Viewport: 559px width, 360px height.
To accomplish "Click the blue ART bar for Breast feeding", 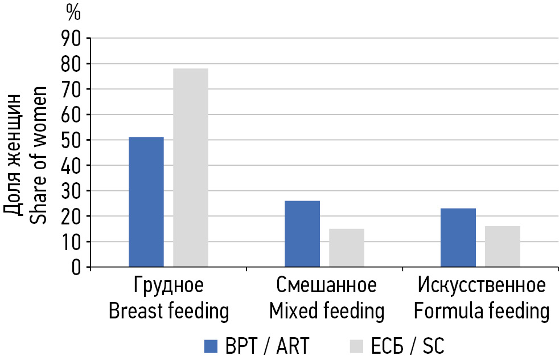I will click(x=146, y=202).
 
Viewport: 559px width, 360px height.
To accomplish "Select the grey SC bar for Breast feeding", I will click(x=191, y=167).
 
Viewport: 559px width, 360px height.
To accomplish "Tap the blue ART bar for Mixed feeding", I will click(x=302, y=234).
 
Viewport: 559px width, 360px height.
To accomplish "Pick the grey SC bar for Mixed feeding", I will click(x=347, y=248).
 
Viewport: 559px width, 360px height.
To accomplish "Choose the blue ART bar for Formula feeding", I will click(x=458, y=238).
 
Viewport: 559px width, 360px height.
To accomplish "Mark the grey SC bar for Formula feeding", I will click(x=503, y=247).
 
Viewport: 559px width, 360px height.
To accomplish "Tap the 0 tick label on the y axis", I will click(x=77, y=267).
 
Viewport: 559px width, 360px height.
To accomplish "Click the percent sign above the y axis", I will click(x=73, y=11).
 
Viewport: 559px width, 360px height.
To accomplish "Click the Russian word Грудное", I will click(x=168, y=285).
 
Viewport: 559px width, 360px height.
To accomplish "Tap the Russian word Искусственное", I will click(x=482, y=285).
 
